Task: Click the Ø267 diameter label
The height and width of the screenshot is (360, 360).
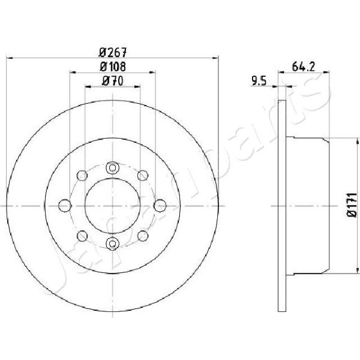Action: (x=113, y=53)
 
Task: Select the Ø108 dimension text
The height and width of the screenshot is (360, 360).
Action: (x=113, y=67)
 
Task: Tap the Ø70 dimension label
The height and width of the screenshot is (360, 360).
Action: (x=113, y=81)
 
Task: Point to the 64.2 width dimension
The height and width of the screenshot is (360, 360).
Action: (x=303, y=67)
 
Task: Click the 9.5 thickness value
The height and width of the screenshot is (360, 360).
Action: (x=259, y=81)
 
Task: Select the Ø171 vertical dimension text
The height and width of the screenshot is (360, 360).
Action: (x=352, y=205)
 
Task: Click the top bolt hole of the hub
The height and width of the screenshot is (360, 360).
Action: (x=113, y=168)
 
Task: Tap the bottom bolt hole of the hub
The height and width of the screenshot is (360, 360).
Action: (x=113, y=244)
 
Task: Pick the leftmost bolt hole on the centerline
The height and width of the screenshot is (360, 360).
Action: (x=65, y=205)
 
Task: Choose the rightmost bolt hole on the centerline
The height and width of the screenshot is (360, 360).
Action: (x=160, y=205)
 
